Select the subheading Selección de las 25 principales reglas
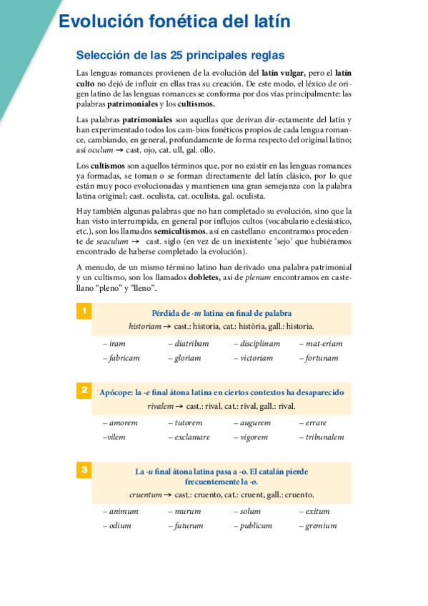pos(180,55)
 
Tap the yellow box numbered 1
pos(84,311)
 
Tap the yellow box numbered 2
pos(84,390)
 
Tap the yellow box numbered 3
pos(84,470)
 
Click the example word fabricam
pos(123,358)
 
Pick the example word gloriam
pos(186,358)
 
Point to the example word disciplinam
pos(258,343)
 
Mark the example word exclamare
pos(191,437)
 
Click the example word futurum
pos(187,526)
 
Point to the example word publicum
pos(255,526)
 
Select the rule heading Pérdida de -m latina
pos(222,313)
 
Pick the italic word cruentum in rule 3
pos(146,495)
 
